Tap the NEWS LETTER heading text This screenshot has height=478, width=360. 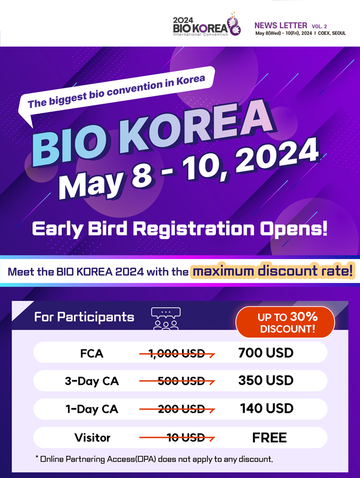pyautogui.click(x=280, y=25)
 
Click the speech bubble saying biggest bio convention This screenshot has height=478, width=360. pyautogui.click(x=116, y=92)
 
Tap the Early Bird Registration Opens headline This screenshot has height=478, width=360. pyautogui.click(x=179, y=227)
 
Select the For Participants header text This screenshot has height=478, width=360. pyautogui.click(x=84, y=317)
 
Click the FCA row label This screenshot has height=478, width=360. pyautogui.click(x=92, y=353)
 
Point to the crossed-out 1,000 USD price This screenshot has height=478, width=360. pyautogui.click(x=177, y=353)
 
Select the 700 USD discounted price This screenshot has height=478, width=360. pyautogui.click(x=266, y=353)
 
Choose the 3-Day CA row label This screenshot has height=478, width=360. pyautogui.click(x=92, y=381)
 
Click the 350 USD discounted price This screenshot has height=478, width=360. pyautogui.click(x=266, y=381)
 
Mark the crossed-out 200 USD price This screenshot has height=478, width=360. pyautogui.click(x=177, y=410)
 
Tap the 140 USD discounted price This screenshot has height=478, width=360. pyautogui.click(x=266, y=409)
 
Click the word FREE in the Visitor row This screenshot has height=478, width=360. pyautogui.click(x=269, y=438)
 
